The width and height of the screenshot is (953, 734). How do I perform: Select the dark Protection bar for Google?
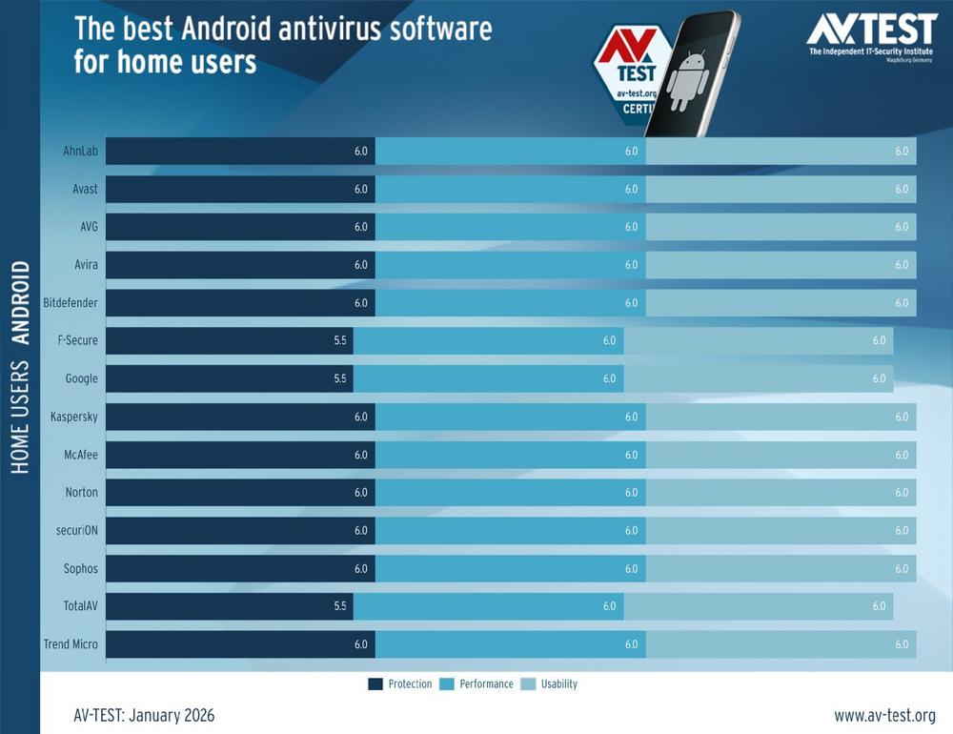[x=229, y=378]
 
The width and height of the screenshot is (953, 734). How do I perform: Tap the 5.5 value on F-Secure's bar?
[x=339, y=340]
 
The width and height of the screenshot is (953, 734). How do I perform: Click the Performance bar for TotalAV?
[x=488, y=606]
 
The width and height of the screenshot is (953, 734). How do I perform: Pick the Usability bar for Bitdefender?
[x=781, y=302]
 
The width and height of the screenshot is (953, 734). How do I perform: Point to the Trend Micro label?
[x=71, y=644]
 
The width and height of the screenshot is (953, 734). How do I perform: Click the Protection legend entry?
[x=400, y=683]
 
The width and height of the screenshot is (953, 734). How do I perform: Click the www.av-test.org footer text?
[x=884, y=715]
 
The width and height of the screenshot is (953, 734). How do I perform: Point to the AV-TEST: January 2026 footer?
[x=144, y=715]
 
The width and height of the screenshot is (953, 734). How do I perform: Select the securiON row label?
[x=75, y=530]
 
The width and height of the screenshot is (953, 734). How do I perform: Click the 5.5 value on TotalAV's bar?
[x=339, y=606]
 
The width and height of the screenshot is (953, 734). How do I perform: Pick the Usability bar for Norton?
[x=781, y=493]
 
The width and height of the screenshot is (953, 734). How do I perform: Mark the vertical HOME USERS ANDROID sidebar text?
[x=20, y=367]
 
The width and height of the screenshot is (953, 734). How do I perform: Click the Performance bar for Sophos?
[x=510, y=568]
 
